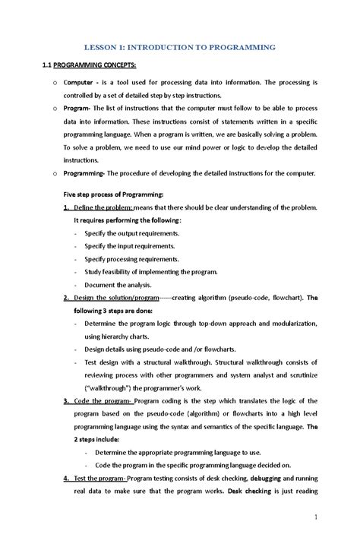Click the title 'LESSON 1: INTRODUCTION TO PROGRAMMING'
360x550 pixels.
tap(179, 47)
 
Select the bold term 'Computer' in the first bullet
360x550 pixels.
tap(80, 82)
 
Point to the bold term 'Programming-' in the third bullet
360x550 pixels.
tap(85, 173)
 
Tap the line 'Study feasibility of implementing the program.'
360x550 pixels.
tap(151, 271)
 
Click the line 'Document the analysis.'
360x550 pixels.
tap(119, 284)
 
